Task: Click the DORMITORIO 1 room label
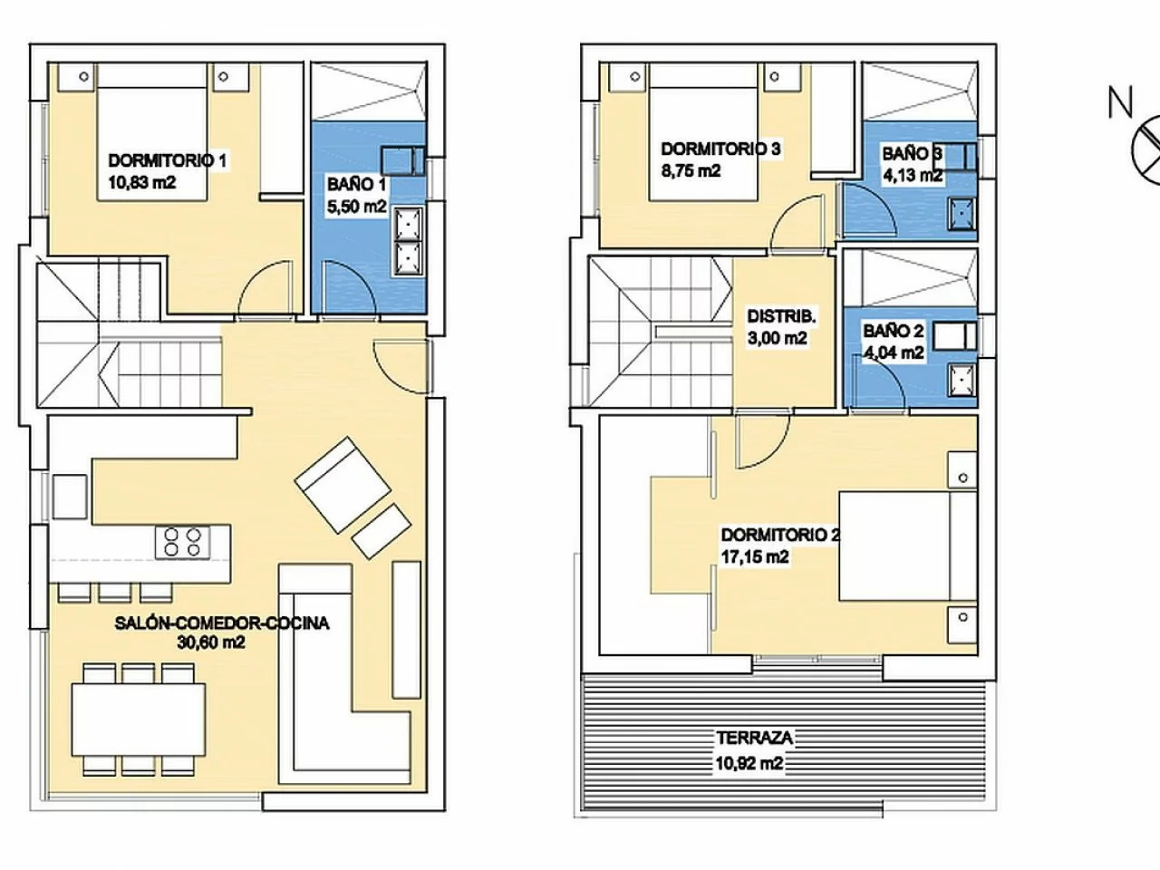(x=168, y=161)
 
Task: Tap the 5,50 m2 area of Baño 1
(x=357, y=207)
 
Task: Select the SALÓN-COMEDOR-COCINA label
(x=222, y=623)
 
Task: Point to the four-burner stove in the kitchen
(x=182, y=543)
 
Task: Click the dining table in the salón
(x=139, y=720)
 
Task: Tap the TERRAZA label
(x=754, y=738)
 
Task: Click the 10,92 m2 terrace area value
(x=749, y=763)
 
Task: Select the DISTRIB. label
(x=781, y=316)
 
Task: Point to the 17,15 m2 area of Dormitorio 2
(x=755, y=556)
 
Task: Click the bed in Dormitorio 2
(x=907, y=546)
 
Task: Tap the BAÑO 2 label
(x=894, y=331)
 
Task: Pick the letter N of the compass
(x=1120, y=101)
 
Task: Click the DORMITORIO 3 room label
(x=720, y=149)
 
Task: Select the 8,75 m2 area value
(x=691, y=171)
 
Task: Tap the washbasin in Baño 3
(x=962, y=213)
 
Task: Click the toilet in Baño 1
(x=402, y=161)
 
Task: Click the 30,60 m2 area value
(x=211, y=643)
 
